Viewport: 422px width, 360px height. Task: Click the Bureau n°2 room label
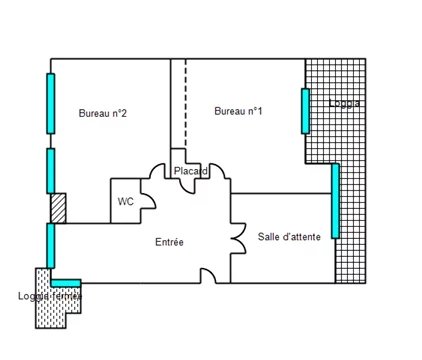click(103, 113)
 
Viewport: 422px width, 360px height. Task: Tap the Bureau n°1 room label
click(238, 111)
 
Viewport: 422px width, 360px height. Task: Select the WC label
click(126, 201)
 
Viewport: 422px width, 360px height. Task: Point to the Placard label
click(191, 171)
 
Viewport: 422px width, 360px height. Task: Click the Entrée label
click(169, 242)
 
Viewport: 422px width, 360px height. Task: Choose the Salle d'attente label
click(289, 237)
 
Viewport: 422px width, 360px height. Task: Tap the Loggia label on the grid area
click(344, 103)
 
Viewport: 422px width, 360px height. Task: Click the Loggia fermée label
click(50, 296)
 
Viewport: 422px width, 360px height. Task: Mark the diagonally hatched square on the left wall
click(58, 208)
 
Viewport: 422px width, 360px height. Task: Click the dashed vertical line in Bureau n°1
click(186, 103)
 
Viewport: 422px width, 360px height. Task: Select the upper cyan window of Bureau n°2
click(51, 104)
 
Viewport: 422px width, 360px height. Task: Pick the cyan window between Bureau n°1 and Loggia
click(305, 111)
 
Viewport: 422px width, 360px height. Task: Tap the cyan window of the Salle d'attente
click(335, 201)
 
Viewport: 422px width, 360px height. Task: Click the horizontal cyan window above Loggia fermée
click(66, 283)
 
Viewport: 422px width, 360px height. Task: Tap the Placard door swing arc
click(188, 188)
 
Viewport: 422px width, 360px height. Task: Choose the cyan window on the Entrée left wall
click(51, 246)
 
